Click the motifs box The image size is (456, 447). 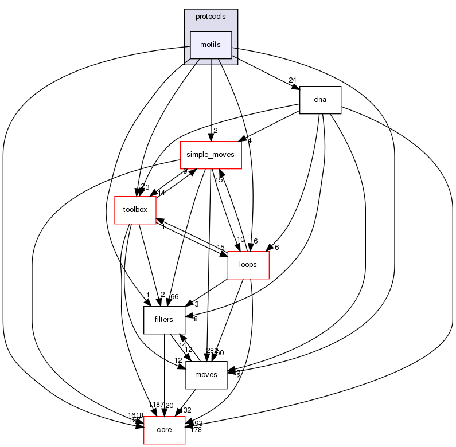[211, 45]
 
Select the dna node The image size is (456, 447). [320, 100]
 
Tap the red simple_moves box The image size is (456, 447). [211, 155]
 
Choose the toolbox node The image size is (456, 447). [135, 210]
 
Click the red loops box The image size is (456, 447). [249, 265]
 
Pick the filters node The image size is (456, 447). [163, 320]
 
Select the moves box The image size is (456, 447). [206, 375]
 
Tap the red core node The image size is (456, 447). [164, 430]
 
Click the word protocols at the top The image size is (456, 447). [211, 17]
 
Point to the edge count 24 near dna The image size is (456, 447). [292, 80]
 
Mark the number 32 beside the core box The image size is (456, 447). [186, 410]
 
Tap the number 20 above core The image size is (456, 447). [169, 406]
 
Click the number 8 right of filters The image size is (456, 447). [196, 319]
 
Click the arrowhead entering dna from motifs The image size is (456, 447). [296, 87]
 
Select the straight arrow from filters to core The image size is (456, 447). [164, 372]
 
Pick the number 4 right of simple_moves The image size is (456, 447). [249, 140]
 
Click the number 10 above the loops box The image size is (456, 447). [240, 240]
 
